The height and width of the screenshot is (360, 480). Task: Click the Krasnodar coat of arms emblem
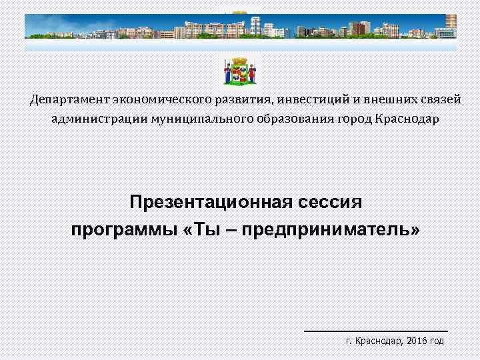240,71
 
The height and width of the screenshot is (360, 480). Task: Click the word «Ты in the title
198,230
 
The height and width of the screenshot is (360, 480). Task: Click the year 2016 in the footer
416,341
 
